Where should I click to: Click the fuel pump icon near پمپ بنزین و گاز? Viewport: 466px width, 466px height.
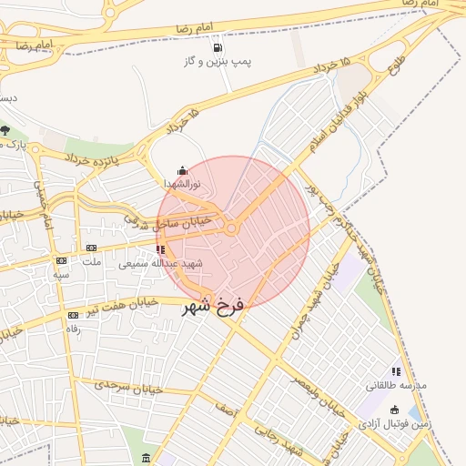[217, 47]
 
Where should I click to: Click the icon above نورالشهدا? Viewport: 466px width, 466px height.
[182, 170]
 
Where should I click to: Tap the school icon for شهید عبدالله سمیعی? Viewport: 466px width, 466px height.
[161, 249]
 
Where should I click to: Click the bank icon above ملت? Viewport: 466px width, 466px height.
[91, 248]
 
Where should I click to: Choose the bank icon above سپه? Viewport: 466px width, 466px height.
[61, 259]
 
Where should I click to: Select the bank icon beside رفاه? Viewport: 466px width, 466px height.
[72, 315]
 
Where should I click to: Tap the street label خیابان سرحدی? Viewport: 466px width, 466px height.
[130, 387]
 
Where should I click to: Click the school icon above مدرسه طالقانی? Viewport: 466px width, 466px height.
[395, 371]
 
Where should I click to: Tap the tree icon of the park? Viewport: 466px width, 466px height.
[5, 130]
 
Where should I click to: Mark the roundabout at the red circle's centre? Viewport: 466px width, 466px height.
[232, 230]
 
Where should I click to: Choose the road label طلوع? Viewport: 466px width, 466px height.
[399, 66]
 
